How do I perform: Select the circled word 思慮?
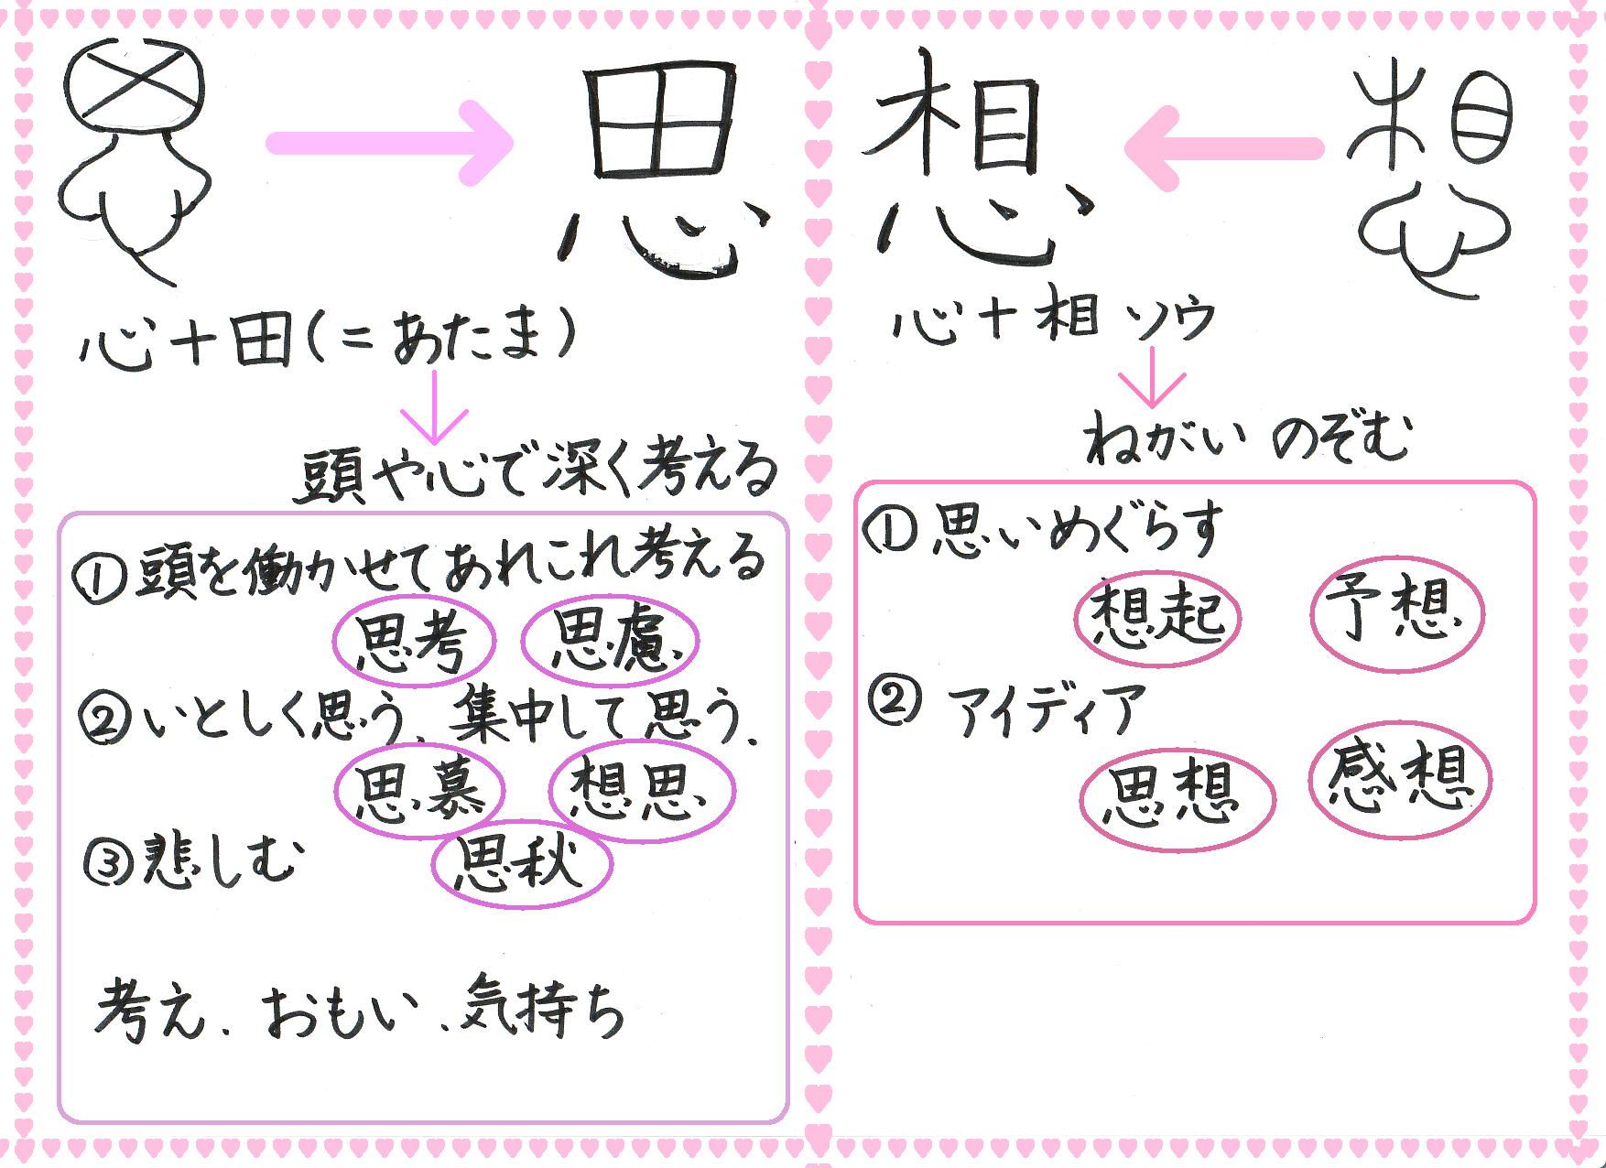coord(610,641)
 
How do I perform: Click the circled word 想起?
coord(1157,611)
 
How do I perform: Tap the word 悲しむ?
coord(220,860)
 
